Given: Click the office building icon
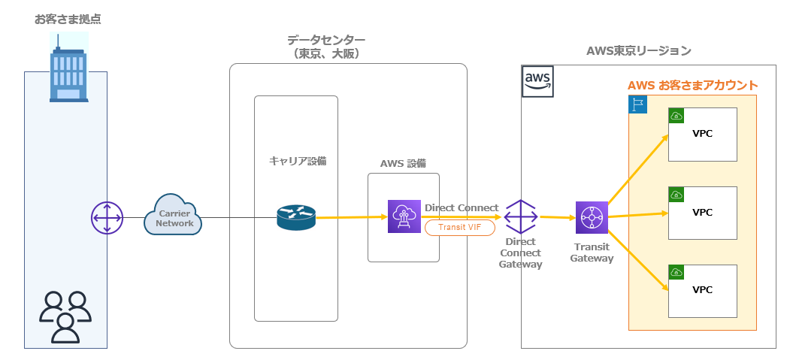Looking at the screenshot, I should click(68, 69).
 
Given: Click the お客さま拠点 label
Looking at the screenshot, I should click(68, 19).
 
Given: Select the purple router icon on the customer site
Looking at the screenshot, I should click(107, 218).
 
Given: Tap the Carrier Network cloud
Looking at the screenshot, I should click(174, 216).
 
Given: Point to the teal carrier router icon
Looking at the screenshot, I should click(295, 218).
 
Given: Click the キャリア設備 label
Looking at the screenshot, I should click(298, 161).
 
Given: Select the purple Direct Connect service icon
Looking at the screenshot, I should click(404, 217).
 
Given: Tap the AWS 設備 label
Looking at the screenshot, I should click(404, 163).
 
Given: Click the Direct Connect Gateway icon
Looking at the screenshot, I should click(520, 217).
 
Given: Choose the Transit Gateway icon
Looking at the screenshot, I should click(592, 218).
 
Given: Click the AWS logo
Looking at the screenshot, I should click(537, 80).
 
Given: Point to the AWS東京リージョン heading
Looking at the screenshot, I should click(638, 50).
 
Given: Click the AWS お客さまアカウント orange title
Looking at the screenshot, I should click(692, 86).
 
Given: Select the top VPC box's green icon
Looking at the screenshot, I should click(676, 116).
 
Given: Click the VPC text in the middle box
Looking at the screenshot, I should click(702, 212).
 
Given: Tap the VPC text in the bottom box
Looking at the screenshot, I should click(702, 290).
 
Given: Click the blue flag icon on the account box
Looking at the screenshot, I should click(637, 104).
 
